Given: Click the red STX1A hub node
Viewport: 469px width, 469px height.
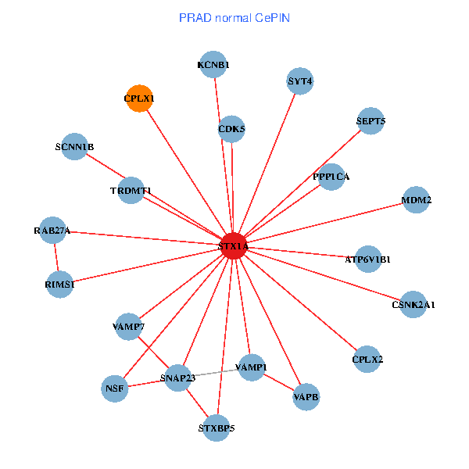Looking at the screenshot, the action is [234, 246].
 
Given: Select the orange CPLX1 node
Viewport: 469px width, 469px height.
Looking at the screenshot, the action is [139, 98].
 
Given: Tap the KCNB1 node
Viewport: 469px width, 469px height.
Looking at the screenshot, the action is [213, 66].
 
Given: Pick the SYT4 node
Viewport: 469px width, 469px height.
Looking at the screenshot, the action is [300, 81].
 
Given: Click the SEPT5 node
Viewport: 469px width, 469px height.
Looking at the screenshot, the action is [371, 121].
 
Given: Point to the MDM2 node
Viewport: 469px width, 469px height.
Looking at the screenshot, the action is [417, 200].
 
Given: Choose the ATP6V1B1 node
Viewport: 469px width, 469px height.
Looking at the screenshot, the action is [368, 259].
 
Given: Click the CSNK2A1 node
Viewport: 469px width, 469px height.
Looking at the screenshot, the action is [414, 304].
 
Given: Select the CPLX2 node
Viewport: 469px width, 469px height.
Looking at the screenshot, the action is [367, 360].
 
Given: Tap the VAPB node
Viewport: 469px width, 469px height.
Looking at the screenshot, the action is [306, 397].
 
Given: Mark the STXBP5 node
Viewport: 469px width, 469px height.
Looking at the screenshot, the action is [217, 428].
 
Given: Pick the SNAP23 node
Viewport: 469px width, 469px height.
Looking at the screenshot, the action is [177, 378].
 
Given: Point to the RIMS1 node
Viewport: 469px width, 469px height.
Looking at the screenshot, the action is [60, 285].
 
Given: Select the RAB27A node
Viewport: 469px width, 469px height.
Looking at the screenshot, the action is [52, 231].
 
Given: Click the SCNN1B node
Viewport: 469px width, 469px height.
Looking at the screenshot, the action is [74, 147].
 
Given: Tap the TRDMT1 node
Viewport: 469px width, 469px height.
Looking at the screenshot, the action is [131, 191].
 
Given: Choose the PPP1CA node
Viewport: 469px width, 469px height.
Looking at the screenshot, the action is [331, 177].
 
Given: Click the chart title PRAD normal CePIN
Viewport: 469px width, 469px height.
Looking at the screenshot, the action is [234, 17].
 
